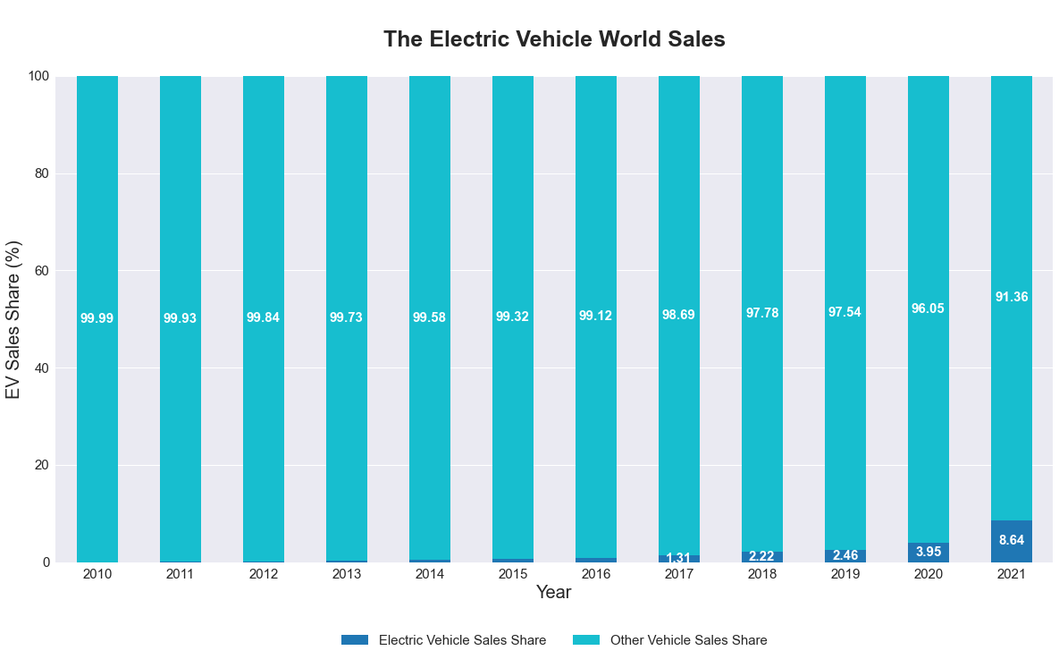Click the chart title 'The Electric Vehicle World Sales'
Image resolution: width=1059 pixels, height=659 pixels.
pos(554,39)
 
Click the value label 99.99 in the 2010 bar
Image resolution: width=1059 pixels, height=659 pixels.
pos(97,318)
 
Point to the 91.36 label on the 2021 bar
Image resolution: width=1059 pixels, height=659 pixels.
pos(1012,297)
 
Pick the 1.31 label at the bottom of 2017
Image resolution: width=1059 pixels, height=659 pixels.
pos(679,559)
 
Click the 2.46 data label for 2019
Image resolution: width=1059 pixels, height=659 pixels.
pos(845,555)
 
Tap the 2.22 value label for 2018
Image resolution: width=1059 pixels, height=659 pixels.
pos(762,556)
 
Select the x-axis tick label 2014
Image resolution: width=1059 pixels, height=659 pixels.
pos(430,574)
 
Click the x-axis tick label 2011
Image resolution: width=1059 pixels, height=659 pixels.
pos(181,574)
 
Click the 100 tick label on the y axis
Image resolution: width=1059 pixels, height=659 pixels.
pos(38,76)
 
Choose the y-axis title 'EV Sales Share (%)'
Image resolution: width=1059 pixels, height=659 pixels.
pos(13,319)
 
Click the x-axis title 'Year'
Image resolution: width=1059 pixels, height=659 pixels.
pos(553,593)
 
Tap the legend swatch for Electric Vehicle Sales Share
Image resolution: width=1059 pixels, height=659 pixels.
pos(355,640)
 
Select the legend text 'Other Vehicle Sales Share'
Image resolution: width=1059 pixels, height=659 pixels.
pos(688,640)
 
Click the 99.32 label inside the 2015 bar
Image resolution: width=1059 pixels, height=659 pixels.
pos(513,317)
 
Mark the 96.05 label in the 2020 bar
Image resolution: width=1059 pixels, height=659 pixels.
pos(929,308)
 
